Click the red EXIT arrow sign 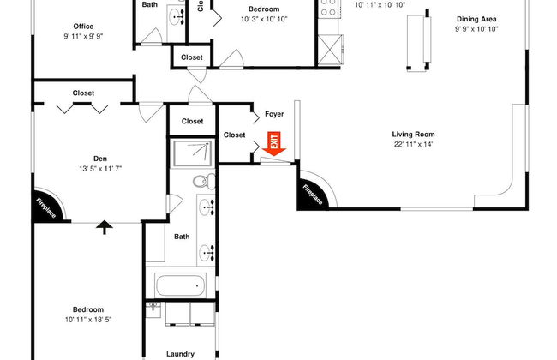point(274,145)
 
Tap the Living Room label point(414,134)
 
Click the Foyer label point(273,113)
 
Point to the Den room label point(100,158)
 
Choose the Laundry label point(180,353)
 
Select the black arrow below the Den point(105,227)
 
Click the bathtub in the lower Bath point(180,285)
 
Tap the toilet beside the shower point(203,182)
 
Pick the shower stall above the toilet point(192,153)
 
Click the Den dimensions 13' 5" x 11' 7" point(100,169)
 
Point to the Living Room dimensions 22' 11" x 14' point(414,145)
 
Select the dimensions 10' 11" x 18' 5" point(88,321)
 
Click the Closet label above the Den point(83,93)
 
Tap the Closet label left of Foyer point(234,135)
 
